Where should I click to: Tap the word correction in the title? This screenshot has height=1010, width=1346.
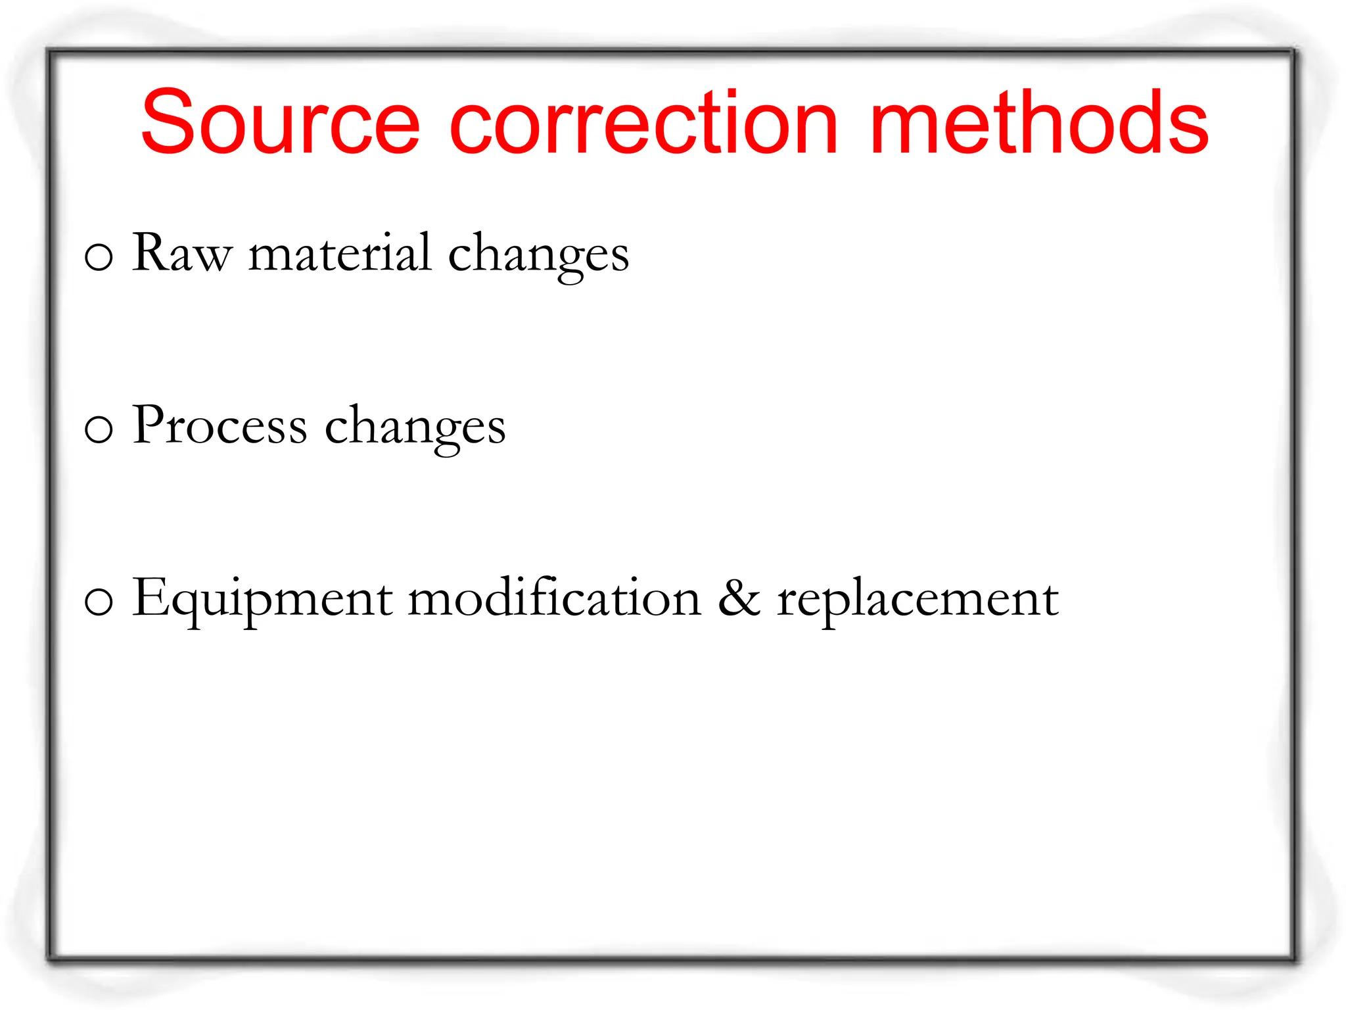click(644, 123)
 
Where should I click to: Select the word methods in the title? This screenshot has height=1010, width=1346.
click(1038, 123)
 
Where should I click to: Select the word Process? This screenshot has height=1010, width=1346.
click(220, 425)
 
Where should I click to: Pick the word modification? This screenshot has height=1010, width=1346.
click(555, 598)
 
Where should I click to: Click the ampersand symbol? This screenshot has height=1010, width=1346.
click(739, 598)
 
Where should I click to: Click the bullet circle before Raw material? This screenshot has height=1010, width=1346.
click(99, 257)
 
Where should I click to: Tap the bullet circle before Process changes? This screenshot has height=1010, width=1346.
click(99, 429)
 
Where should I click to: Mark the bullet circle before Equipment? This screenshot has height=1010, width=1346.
click(99, 602)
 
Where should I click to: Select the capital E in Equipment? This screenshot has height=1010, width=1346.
click(149, 596)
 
